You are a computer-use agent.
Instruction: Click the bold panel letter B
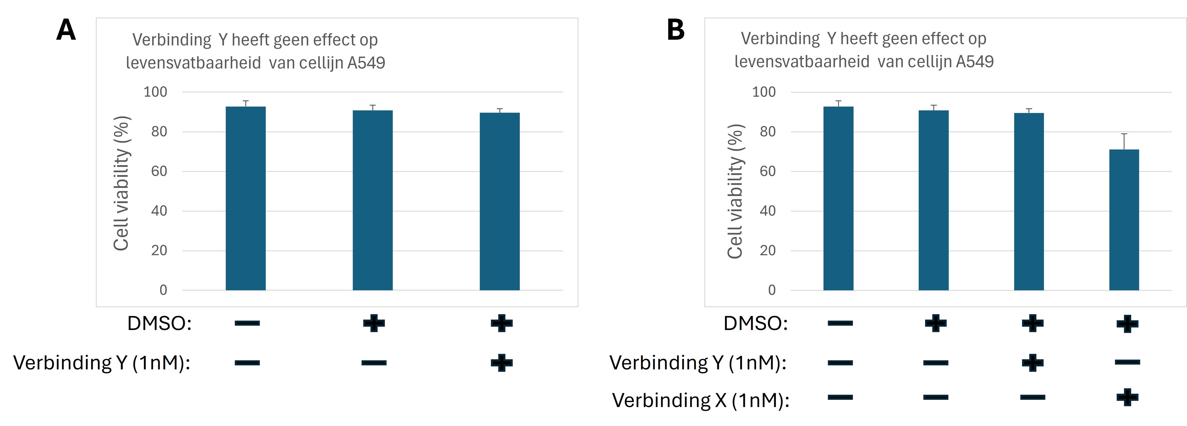(675, 30)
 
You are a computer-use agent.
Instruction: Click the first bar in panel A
(246, 198)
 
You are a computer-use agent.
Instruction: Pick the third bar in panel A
(500, 201)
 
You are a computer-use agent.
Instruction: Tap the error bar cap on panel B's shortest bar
(1124, 134)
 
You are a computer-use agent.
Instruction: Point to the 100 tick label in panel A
(155, 92)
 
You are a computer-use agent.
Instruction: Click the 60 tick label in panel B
(767, 171)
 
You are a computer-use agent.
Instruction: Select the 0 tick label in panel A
(163, 290)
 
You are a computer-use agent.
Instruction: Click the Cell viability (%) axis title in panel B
(736, 191)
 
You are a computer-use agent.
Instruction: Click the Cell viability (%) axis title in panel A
(122, 183)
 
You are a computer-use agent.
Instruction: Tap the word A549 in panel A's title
(366, 63)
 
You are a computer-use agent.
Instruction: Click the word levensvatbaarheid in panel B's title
(802, 62)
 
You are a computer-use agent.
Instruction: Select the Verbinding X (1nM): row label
(701, 400)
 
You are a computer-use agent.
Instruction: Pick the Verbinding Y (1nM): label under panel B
(698, 363)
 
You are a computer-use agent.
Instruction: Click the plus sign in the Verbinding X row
(1127, 397)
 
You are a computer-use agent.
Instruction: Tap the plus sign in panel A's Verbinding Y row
(501, 363)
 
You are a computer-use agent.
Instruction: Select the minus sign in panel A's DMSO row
(247, 323)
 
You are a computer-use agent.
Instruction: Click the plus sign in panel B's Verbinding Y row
(1032, 363)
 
